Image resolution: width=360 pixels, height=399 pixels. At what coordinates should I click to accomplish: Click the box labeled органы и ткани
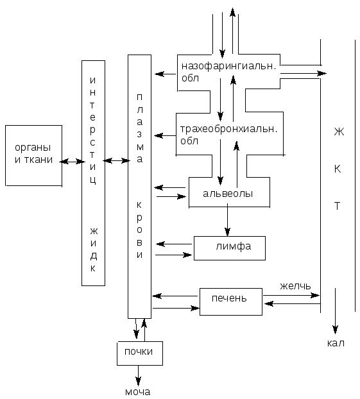[33, 155]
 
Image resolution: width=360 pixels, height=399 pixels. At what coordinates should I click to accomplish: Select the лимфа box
[230, 248]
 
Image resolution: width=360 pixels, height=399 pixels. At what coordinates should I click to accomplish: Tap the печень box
[231, 301]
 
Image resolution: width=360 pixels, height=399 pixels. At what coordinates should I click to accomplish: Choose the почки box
[140, 353]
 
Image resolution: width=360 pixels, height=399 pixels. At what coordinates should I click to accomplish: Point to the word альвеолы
[228, 194]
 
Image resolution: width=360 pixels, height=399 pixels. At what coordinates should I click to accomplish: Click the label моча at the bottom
[138, 392]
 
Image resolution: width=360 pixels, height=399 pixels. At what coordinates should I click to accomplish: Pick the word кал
[336, 343]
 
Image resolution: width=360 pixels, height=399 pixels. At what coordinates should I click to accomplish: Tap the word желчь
[295, 286]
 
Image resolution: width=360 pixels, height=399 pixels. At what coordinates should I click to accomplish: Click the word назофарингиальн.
[229, 66]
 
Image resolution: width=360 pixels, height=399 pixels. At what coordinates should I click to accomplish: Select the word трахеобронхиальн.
[228, 129]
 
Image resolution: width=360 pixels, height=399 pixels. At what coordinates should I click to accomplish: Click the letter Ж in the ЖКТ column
[339, 132]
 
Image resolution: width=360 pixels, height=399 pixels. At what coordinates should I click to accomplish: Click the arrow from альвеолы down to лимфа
[227, 220]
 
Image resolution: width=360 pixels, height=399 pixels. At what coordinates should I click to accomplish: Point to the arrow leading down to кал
[336, 311]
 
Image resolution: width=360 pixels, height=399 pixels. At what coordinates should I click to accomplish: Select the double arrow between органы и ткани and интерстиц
[72, 162]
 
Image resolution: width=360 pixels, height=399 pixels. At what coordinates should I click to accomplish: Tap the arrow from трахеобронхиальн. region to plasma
[165, 135]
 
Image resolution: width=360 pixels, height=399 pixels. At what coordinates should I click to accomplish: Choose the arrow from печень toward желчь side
[291, 296]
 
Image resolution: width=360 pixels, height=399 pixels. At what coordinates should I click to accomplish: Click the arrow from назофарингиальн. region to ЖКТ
[304, 74]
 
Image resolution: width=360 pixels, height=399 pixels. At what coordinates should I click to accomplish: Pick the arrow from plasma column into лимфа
[174, 255]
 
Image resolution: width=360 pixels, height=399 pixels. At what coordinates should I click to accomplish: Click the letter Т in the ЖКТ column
[337, 206]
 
